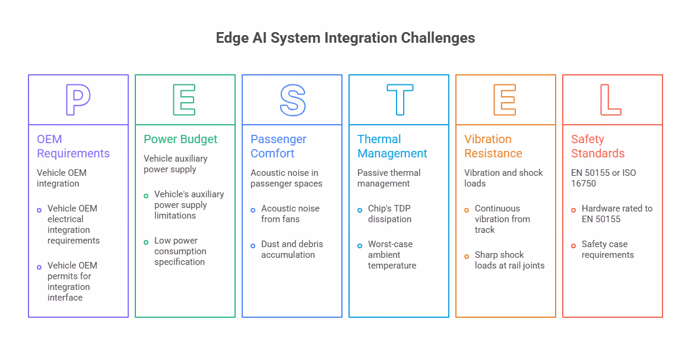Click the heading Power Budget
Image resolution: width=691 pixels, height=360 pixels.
[180, 140]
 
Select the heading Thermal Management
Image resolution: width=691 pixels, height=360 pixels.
[392, 146]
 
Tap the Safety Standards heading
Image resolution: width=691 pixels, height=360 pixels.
[598, 146]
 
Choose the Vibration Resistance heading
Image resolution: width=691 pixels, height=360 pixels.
[493, 146]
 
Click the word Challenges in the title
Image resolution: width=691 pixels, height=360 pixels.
[438, 38]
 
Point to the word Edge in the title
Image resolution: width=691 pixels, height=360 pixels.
[232, 39]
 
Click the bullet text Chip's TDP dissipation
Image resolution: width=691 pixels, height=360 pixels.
[389, 213]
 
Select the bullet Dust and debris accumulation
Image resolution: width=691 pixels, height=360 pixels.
[291, 250]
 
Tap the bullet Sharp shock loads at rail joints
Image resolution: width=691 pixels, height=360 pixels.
[509, 260]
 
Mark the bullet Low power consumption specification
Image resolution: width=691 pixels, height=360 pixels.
[180, 251]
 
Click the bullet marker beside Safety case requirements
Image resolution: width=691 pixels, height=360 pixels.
[573, 246]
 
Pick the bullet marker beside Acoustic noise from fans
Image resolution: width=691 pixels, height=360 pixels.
[253, 210]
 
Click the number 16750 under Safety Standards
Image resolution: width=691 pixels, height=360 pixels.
[584, 184]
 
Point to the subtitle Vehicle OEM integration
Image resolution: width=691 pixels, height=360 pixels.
[62, 178]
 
